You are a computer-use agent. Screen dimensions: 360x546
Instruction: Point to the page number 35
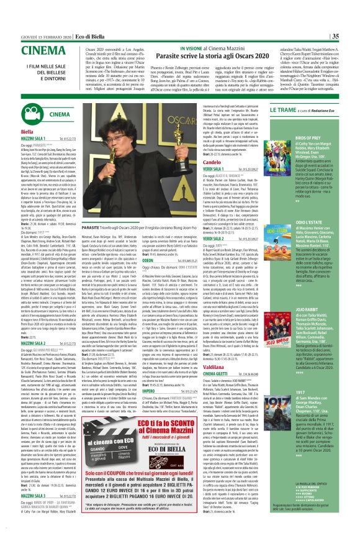coord(351,5)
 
